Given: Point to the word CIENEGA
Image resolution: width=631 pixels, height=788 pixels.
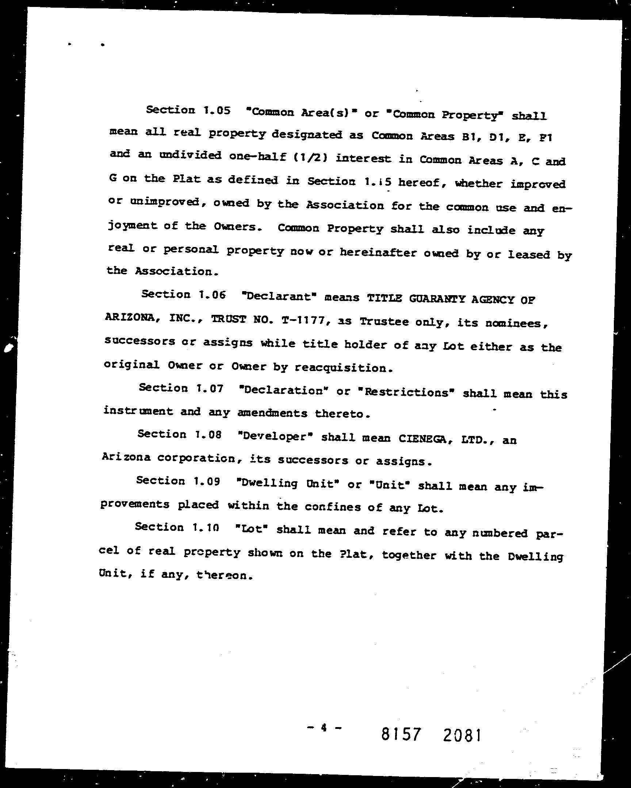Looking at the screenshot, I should tap(423, 439).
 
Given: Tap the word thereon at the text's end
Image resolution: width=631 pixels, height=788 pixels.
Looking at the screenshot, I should tap(224, 576).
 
